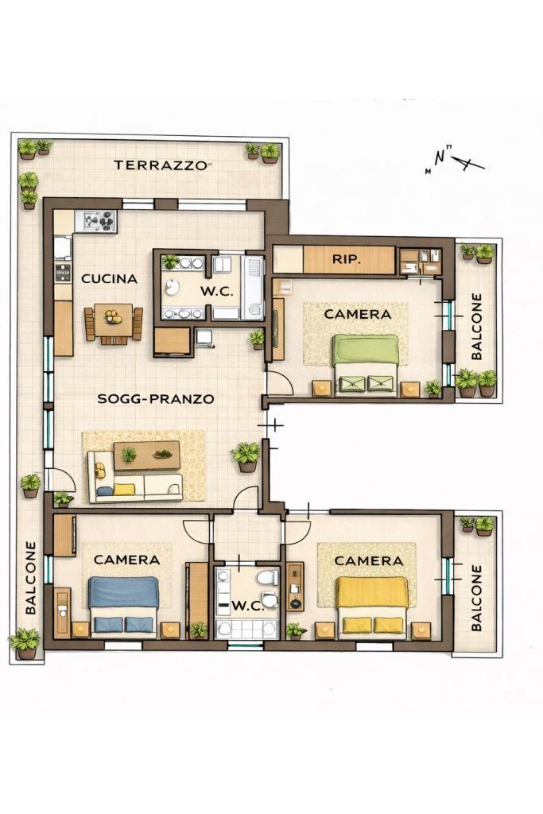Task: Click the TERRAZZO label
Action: pos(161,165)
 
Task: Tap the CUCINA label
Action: pos(110,279)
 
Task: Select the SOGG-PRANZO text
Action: pos(156,399)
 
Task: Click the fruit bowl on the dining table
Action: pos(113,316)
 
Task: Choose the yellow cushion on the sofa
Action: pos(124,489)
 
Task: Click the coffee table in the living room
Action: pos(147,455)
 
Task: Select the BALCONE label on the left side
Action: pos(31,578)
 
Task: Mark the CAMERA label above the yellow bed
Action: pos(369,560)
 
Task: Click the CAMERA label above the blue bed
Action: pos(126,560)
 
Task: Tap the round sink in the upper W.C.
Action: pos(171,286)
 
